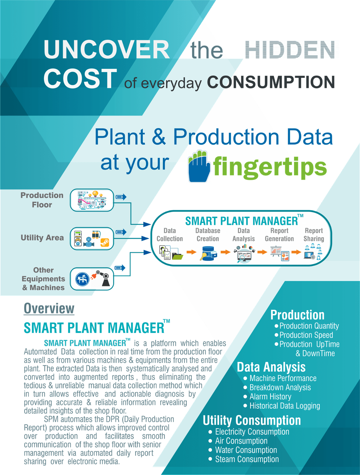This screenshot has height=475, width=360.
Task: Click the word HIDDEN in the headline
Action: (x=290, y=50)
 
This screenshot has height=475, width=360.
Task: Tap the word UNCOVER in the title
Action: (x=107, y=49)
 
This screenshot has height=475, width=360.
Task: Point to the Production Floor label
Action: (x=42, y=200)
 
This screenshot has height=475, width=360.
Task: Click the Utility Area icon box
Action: (x=92, y=238)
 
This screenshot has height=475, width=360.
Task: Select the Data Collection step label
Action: (x=170, y=235)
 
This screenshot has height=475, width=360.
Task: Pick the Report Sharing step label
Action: (x=314, y=235)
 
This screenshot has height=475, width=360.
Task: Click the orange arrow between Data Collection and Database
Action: (x=191, y=252)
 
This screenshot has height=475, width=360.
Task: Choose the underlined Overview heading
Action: (x=49, y=308)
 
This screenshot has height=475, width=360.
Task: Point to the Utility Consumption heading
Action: (x=252, y=420)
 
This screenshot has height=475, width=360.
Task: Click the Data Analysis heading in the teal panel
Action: (x=271, y=367)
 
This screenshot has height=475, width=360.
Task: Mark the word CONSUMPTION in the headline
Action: (x=271, y=82)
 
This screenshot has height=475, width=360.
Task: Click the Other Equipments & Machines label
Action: (x=43, y=279)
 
